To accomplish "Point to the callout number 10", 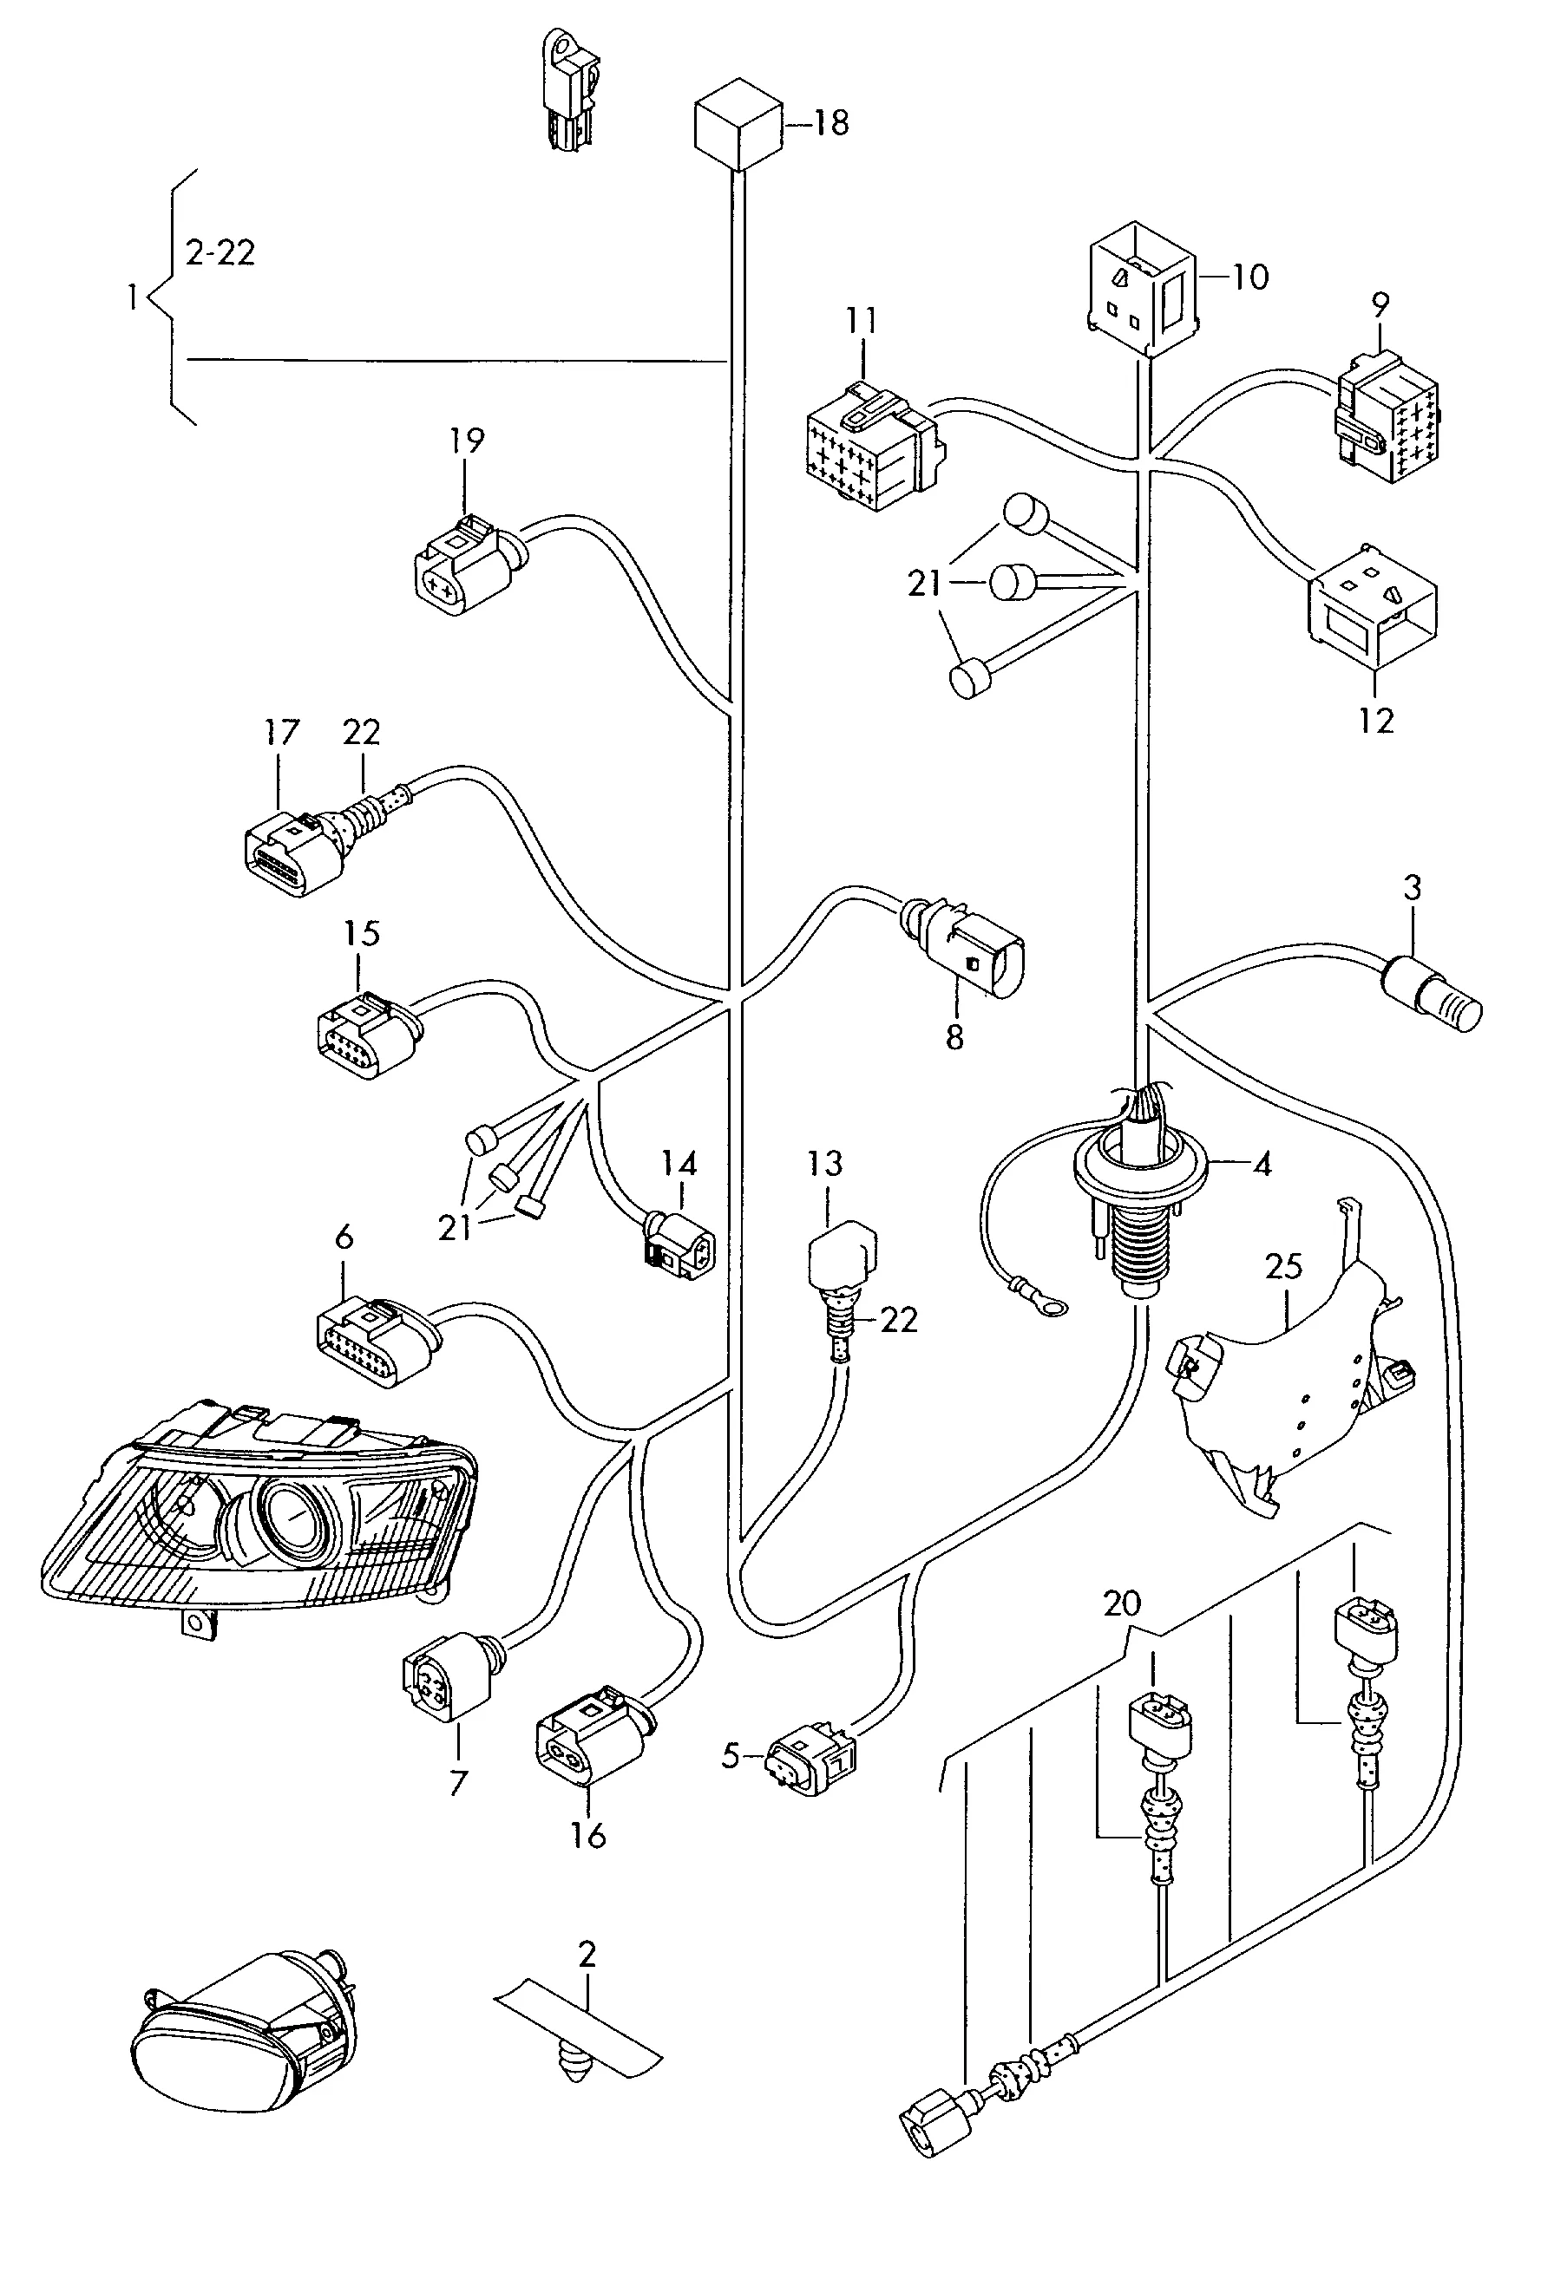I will (1249, 277).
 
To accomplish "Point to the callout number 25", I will (1283, 1266).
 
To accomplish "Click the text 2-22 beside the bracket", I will (220, 253).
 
